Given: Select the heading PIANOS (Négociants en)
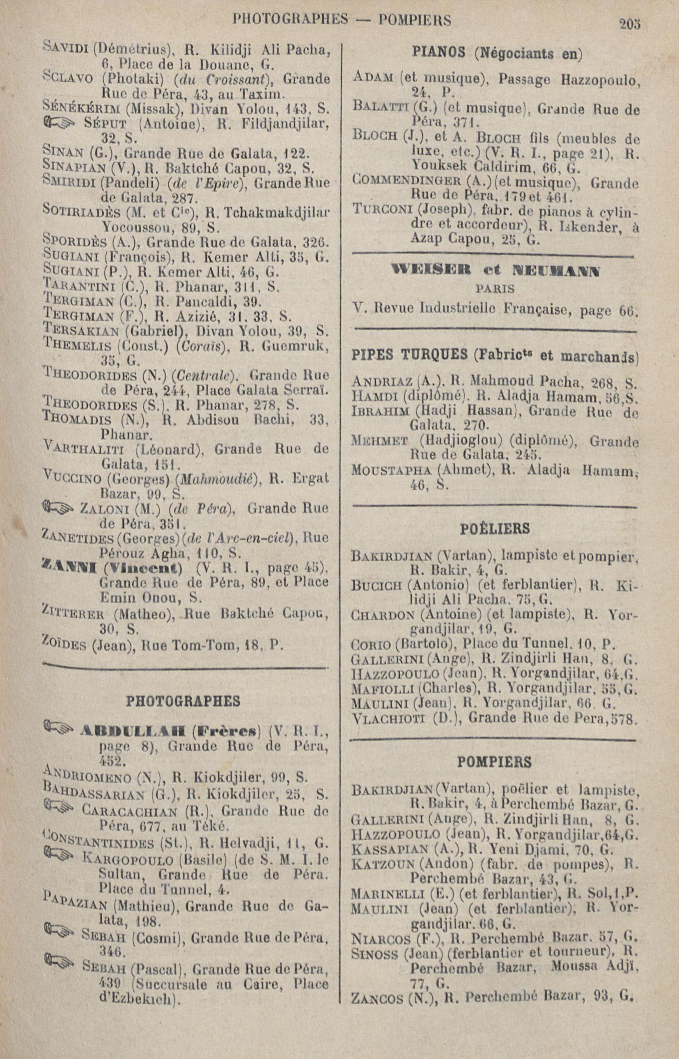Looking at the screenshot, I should tap(496, 53).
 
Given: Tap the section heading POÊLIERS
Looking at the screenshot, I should tap(495, 528).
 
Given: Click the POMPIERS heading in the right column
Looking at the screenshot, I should tap(494, 761).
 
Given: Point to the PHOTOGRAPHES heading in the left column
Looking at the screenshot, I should tap(184, 701).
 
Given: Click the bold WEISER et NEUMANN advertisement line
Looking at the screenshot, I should tap(495, 271).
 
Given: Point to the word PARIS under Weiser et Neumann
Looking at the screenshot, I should tap(495, 289).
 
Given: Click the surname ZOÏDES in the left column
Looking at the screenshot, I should tap(64, 646).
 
